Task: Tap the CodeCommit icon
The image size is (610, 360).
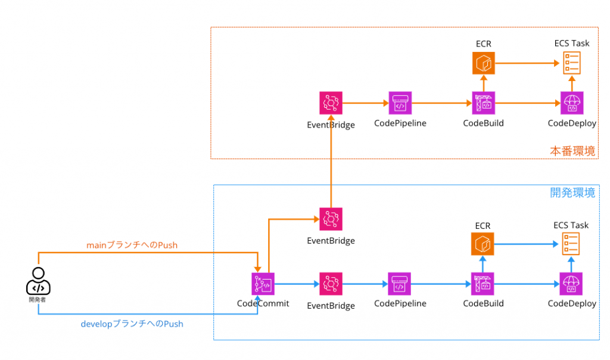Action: point(263,284)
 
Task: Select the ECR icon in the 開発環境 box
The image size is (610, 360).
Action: point(483,244)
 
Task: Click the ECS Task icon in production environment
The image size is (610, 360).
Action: point(571,63)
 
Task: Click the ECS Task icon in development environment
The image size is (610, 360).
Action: point(571,244)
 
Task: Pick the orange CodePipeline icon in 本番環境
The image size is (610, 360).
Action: point(400,103)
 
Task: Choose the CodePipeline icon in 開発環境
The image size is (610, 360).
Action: point(400,284)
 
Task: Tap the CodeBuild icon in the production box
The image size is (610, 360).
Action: point(483,103)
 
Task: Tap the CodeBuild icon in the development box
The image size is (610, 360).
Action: point(483,284)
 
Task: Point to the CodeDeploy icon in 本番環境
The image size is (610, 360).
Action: point(572,103)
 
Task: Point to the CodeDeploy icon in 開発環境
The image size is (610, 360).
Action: point(572,284)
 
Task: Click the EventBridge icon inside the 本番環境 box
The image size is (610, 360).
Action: point(331,103)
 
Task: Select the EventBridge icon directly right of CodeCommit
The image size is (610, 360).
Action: point(331,284)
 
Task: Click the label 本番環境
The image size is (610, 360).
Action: point(572,151)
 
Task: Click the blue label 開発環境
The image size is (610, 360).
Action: point(572,193)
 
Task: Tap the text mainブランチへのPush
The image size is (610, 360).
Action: point(132,245)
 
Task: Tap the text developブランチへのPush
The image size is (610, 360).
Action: point(132,324)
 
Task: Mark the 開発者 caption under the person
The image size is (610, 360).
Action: point(38,300)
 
